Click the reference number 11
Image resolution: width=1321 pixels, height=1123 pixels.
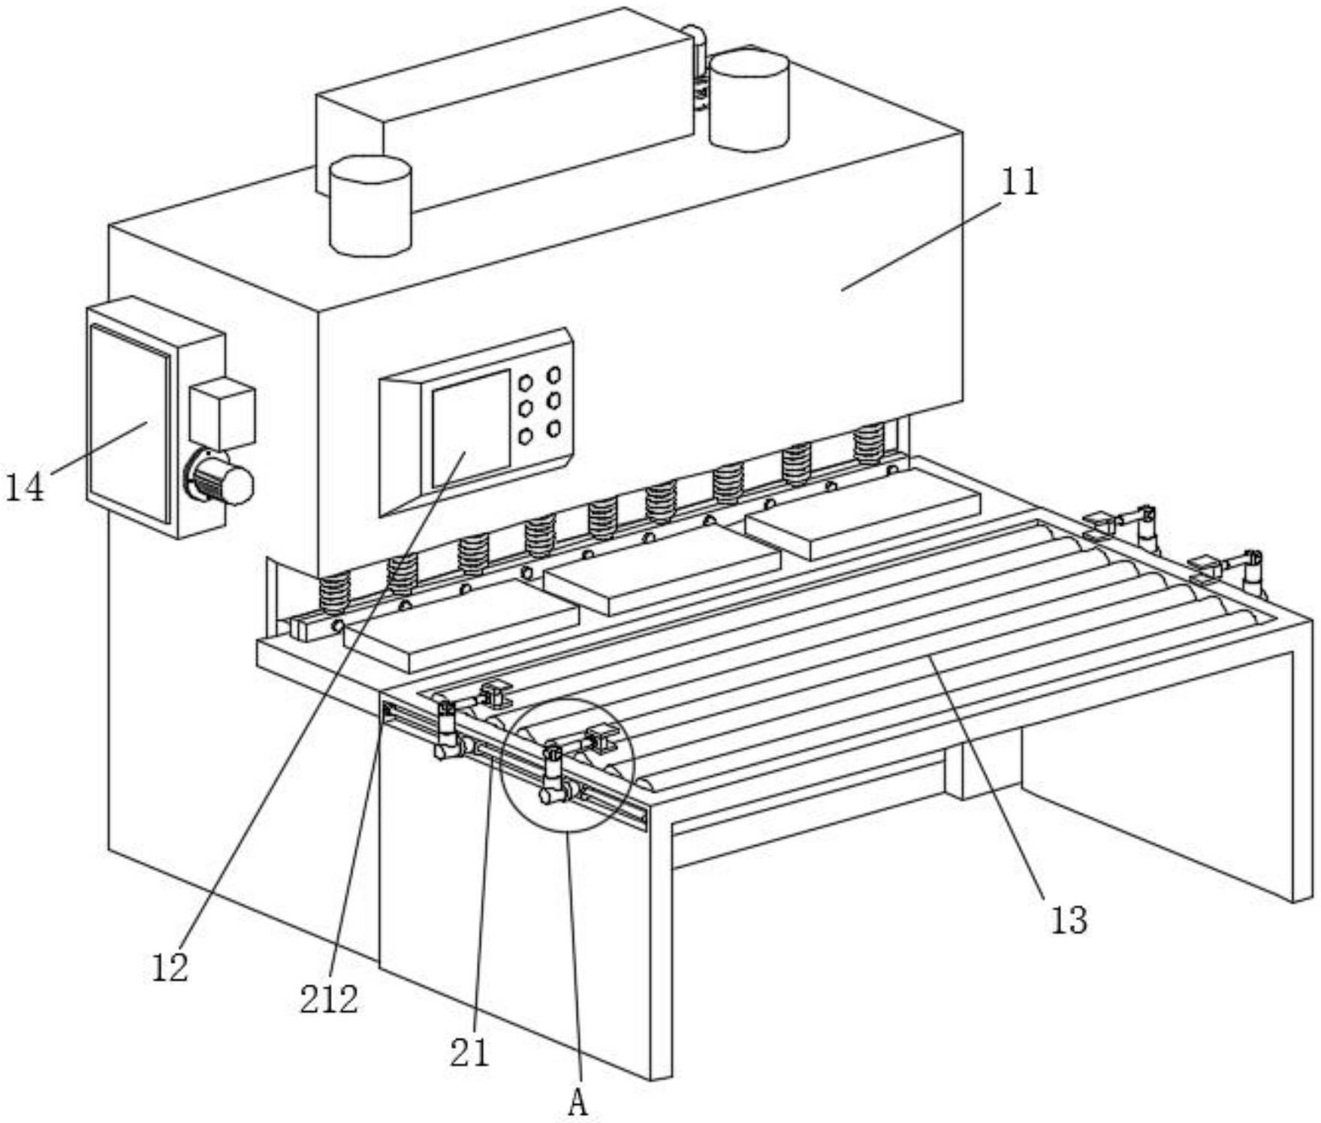click(x=1020, y=182)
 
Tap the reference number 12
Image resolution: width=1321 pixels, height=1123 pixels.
click(x=169, y=968)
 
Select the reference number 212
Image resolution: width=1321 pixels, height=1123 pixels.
click(x=329, y=999)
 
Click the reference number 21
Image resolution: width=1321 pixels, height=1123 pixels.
click(x=469, y=1052)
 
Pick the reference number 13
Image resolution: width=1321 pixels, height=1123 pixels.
click(x=1069, y=920)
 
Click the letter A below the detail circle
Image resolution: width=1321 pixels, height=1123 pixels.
click(x=577, y=1103)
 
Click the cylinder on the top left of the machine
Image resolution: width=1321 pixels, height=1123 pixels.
click(x=370, y=206)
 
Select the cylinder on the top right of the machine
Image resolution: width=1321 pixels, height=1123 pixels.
click(x=749, y=100)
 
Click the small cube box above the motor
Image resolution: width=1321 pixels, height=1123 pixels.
click(x=222, y=414)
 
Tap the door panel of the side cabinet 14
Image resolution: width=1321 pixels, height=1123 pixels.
click(x=130, y=423)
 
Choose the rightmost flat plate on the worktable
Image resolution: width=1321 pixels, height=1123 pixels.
click(x=863, y=513)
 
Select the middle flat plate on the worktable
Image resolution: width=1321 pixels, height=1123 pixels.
click(x=662, y=569)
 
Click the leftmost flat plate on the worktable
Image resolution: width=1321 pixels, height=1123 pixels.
click(x=460, y=625)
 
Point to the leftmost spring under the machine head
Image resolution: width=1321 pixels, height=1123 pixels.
click(x=335, y=594)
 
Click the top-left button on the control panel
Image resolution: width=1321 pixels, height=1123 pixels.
click(x=526, y=383)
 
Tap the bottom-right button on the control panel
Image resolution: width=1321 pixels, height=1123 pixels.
click(x=553, y=429)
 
